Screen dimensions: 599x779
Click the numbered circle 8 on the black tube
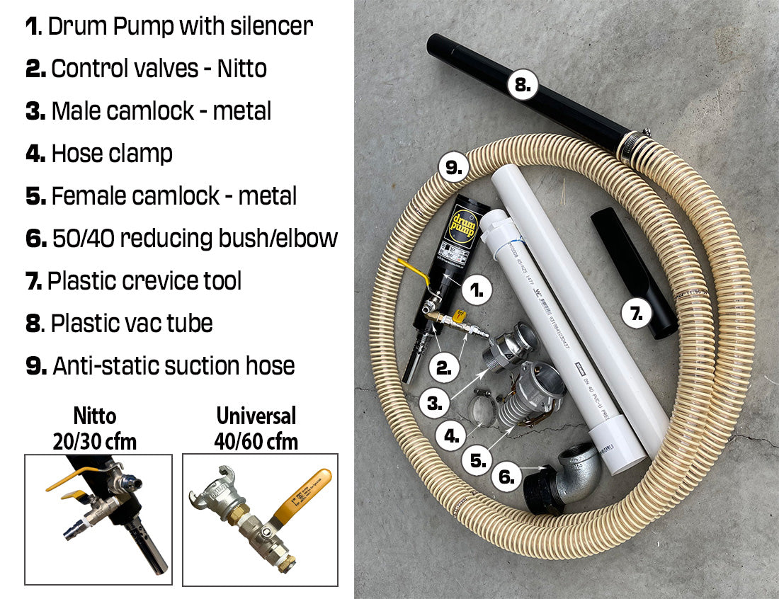pyautogui.click(x=521, y=86)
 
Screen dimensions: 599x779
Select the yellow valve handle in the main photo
pyautogui.click(x=416, y=275)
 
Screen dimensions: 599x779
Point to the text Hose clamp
pyautogui.click(x=112, y=154)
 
